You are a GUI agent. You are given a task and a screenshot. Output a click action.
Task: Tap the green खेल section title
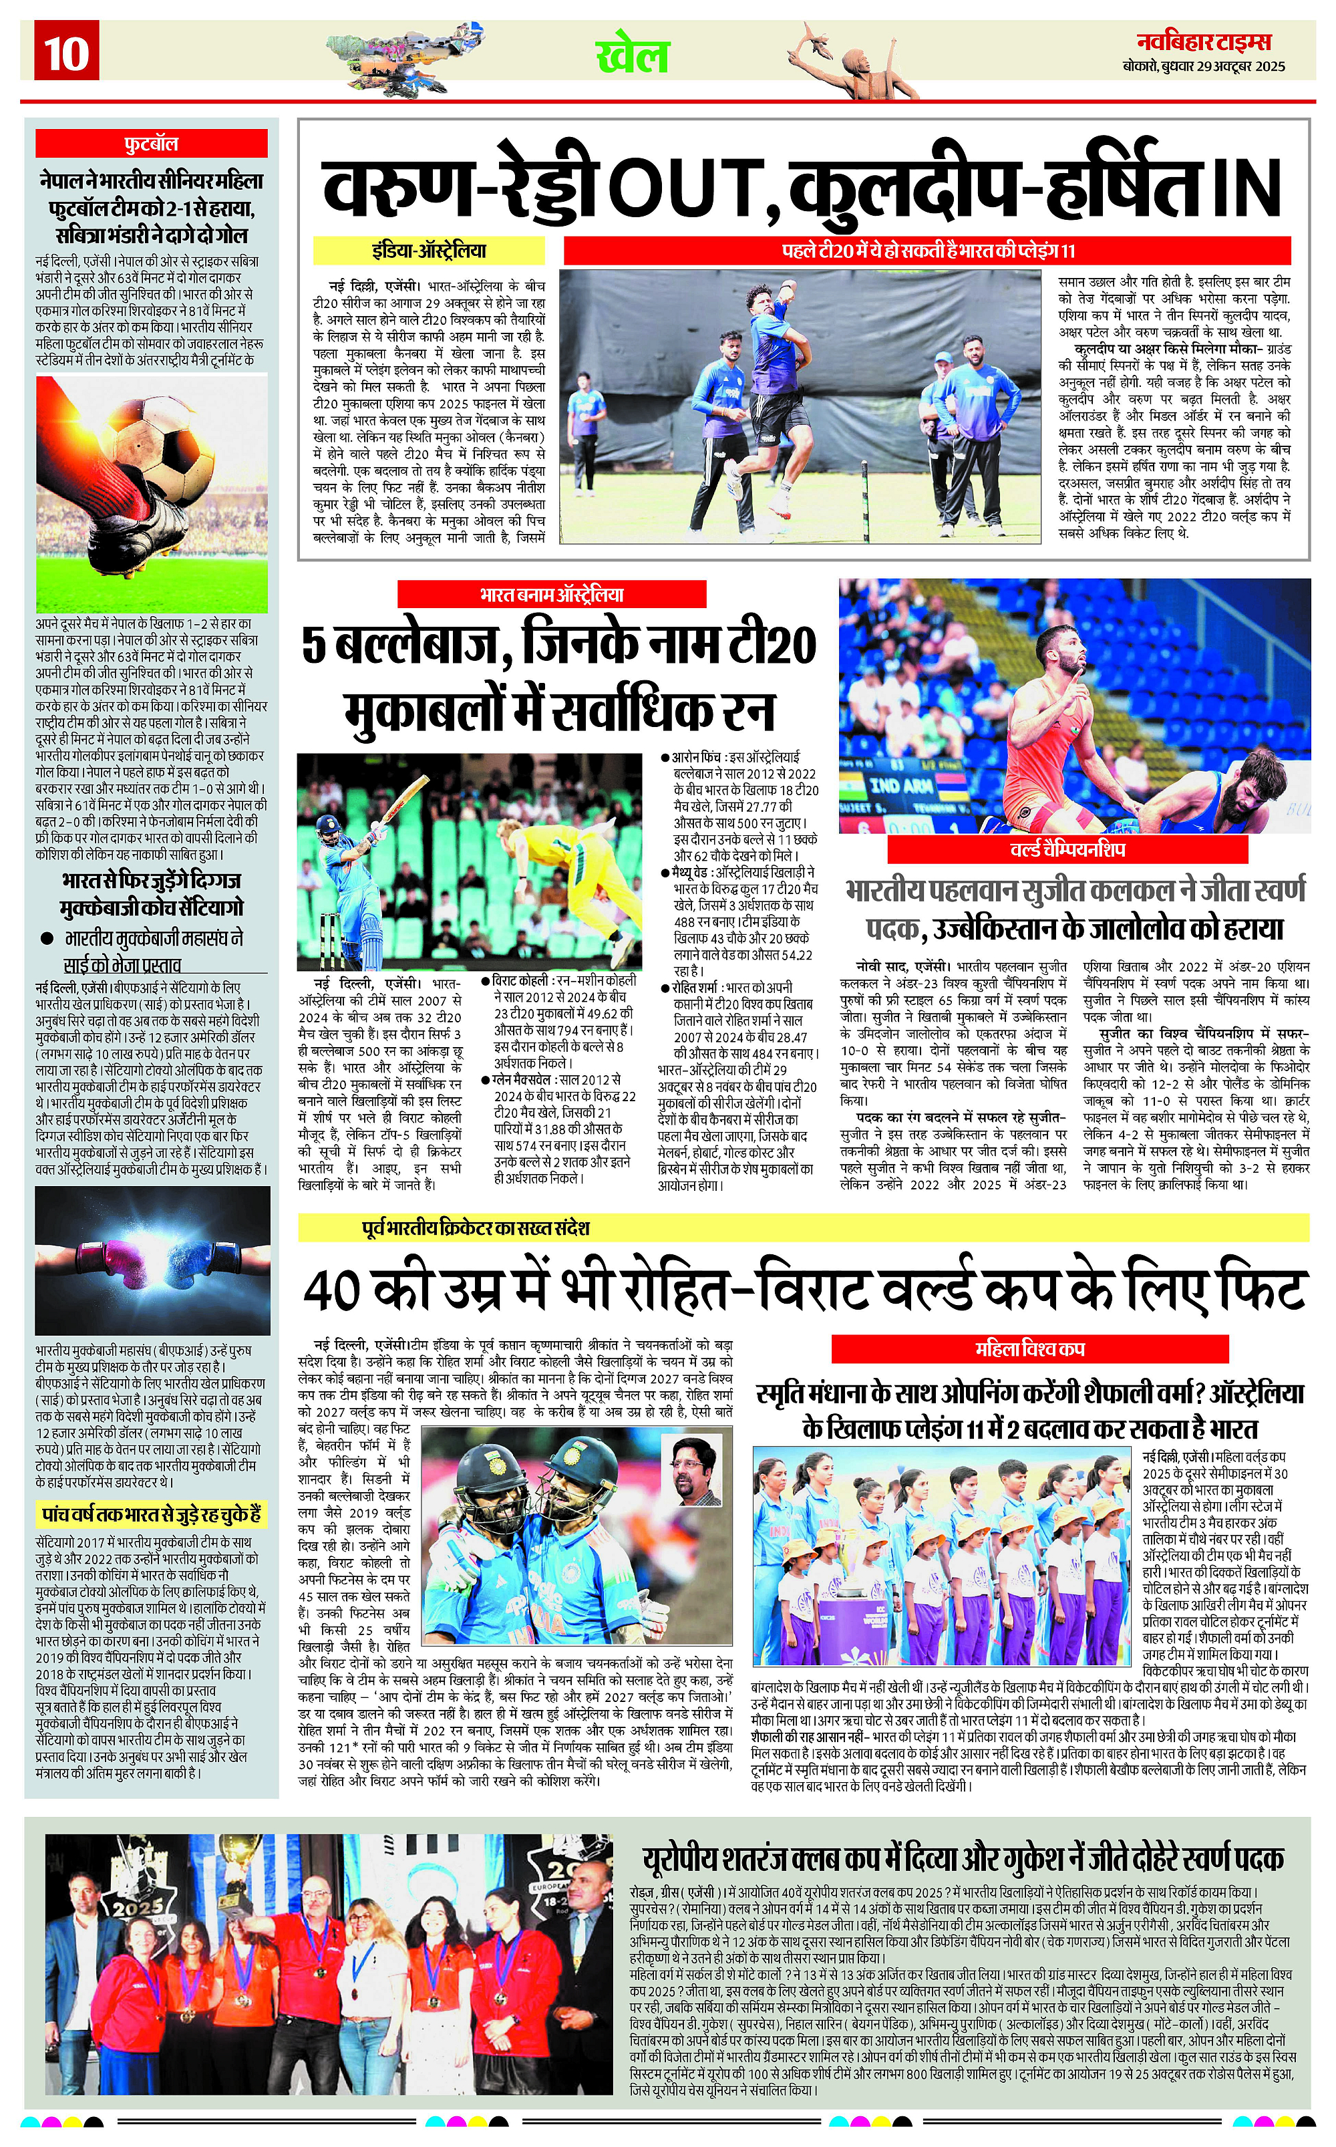[633, 55]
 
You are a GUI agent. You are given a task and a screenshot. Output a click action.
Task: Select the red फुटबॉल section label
[151, 143]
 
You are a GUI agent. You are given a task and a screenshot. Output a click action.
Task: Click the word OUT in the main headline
[688, 186]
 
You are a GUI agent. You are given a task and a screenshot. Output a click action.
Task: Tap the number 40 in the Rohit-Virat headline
[331, 1292]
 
